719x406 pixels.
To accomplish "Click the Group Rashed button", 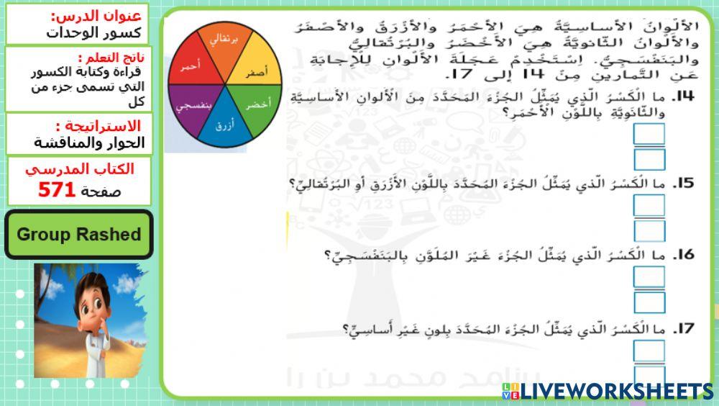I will click(x=78, y=235).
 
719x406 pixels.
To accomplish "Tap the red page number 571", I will click(x=57, y=190).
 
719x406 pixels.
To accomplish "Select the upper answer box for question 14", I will click(x=649, y=135).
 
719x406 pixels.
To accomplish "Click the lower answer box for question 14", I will click(x=649, y=159).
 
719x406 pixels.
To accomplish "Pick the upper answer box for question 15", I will click(x=649, y=205).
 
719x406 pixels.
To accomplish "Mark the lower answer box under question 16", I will click(x=649, y=302).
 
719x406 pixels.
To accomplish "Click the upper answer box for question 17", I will click(x=649, y=351).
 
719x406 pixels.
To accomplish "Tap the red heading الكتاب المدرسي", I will click(x=79, y=170).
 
